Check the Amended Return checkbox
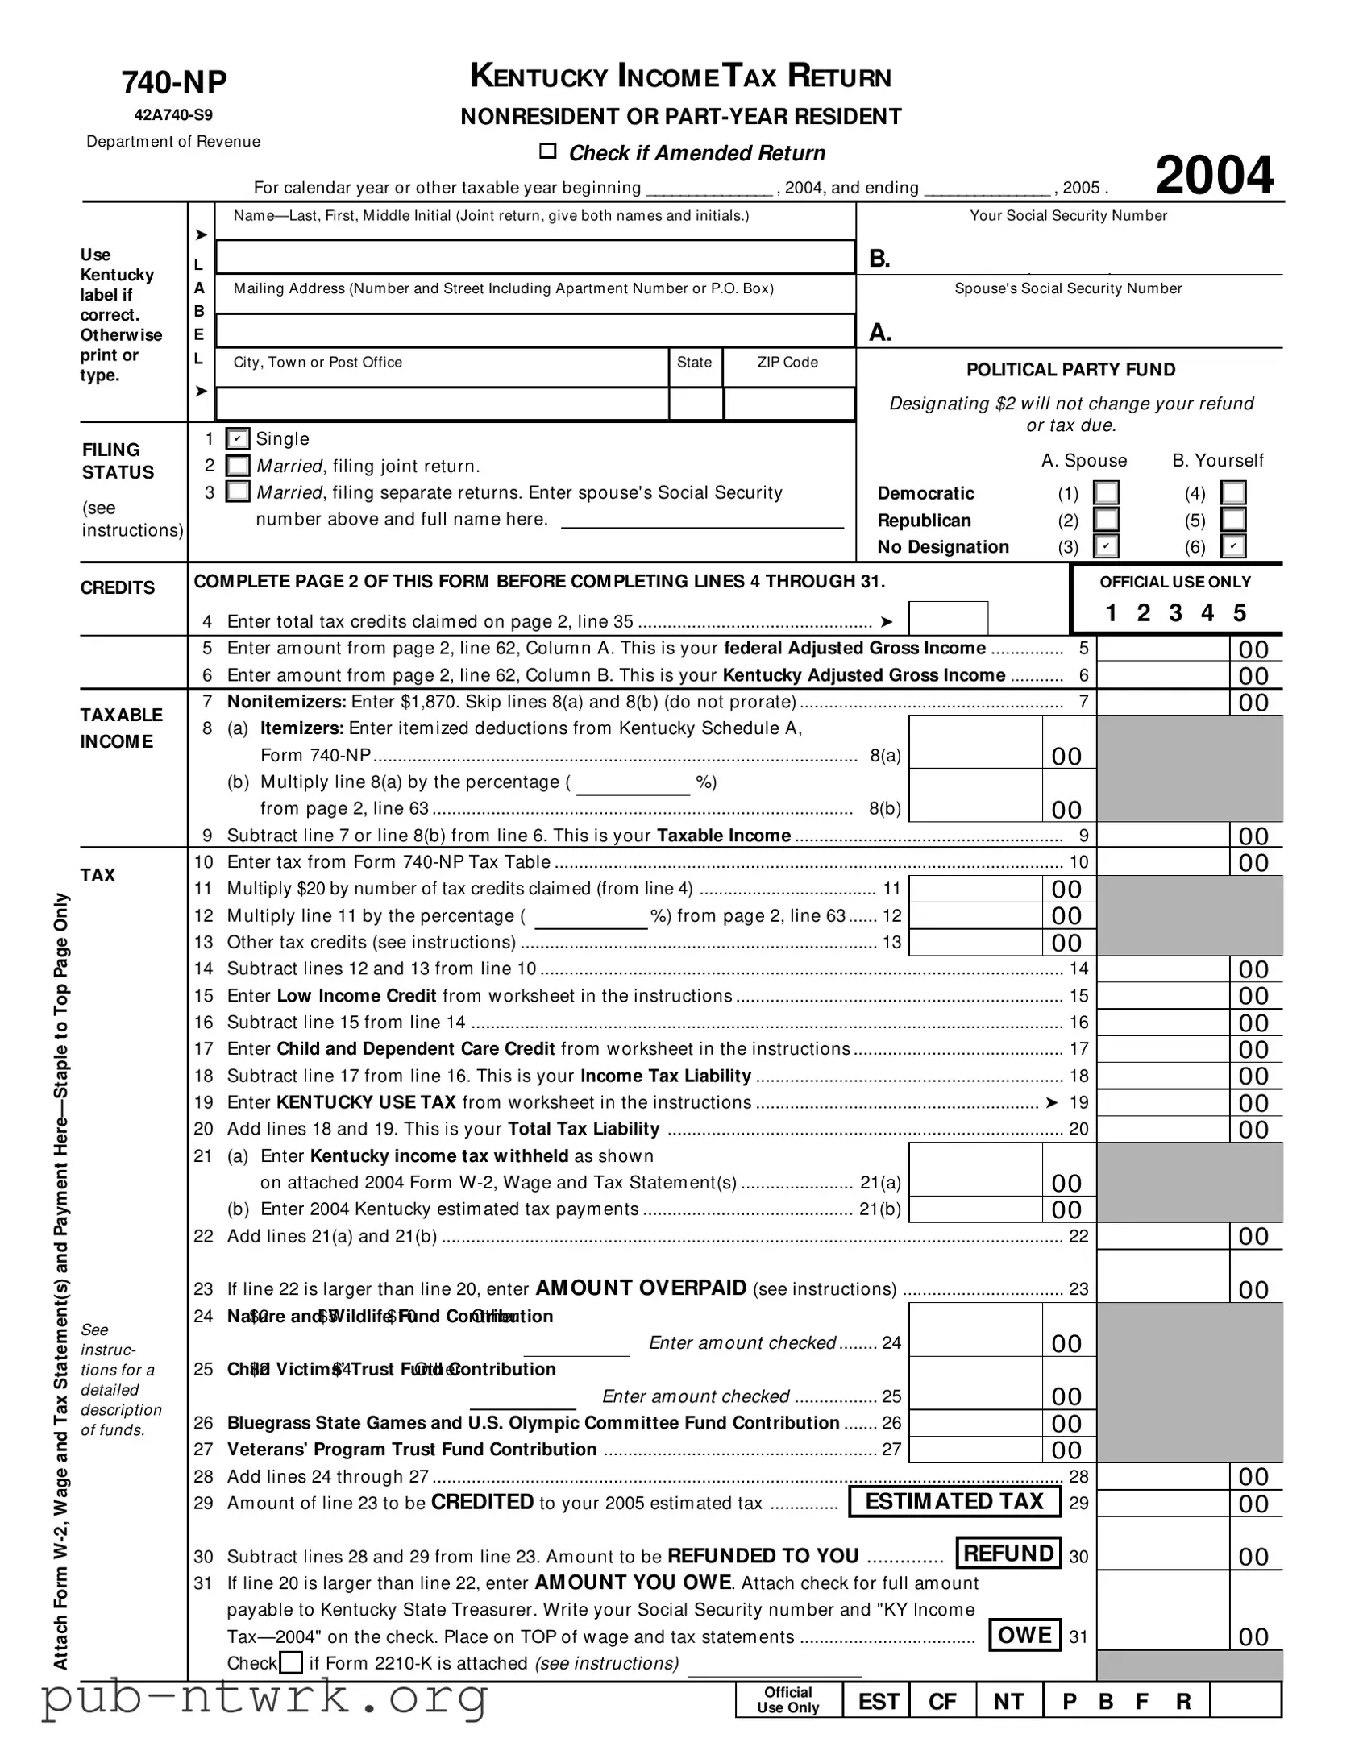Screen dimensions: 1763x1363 click(548, 151)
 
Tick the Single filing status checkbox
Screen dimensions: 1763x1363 click(238, 439)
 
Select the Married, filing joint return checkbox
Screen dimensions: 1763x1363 click(238, 466)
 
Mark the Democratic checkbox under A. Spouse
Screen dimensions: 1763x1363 click(1105, 492)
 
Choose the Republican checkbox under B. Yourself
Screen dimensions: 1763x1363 click(1233, 520)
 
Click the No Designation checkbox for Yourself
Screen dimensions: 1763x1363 click(1233, 546)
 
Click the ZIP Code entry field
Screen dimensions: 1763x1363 click(789, 404)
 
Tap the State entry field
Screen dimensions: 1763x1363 click(696, 404)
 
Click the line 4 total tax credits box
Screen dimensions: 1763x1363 click(948, 618)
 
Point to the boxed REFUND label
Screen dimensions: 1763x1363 click(1008, 1554)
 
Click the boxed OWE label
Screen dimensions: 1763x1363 click(1024, 1635)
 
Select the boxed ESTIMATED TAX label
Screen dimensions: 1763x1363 click(954, 1501)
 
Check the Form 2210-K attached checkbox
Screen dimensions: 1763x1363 click(291, 1663)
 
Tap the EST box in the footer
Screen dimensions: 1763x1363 click(878, 1702)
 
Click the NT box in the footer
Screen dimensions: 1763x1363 click(1008, 1702)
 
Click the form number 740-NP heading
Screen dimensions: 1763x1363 click(174, 82)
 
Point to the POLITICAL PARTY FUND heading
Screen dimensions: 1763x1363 click(1070, 370)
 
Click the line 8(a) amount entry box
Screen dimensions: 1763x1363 click(974, 743)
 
